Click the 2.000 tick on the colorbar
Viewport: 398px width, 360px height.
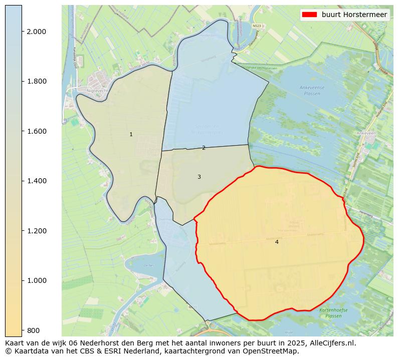pyautogui.click(x=36, y=32)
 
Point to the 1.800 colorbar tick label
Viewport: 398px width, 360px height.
pyautogui.click(x=36, y=81)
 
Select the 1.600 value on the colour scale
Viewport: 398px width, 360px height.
pyautogui.click(x=36, y=131)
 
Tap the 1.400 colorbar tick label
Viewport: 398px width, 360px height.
pyautogui.click(x=36, y=181)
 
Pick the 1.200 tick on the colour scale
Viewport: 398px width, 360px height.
pyautogui.click(x=36, y=231)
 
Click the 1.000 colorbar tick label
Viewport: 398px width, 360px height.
pyautogui.click(x=36, y=280)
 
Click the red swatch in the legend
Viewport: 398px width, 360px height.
pyautogui.click(x=309, y=15)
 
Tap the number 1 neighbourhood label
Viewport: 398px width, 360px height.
pyautogui.click(x=131, y=134)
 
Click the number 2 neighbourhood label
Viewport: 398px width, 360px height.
pyautogui.click(x=204, y=148)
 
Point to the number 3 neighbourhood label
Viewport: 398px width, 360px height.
pyautogui.click(x=199, y=177)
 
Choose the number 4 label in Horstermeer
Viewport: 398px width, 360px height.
pyautogui.click(x=277, y=242)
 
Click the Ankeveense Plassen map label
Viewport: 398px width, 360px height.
pyautogui.click(x=312, y=90)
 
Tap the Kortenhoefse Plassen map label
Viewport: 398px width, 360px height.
pyautogui.click(x=333, y=313)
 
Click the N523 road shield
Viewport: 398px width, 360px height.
pyautogui.click(x=257, y=26)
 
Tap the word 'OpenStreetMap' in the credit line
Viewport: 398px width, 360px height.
pyautogui.click(x=273, y=351)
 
